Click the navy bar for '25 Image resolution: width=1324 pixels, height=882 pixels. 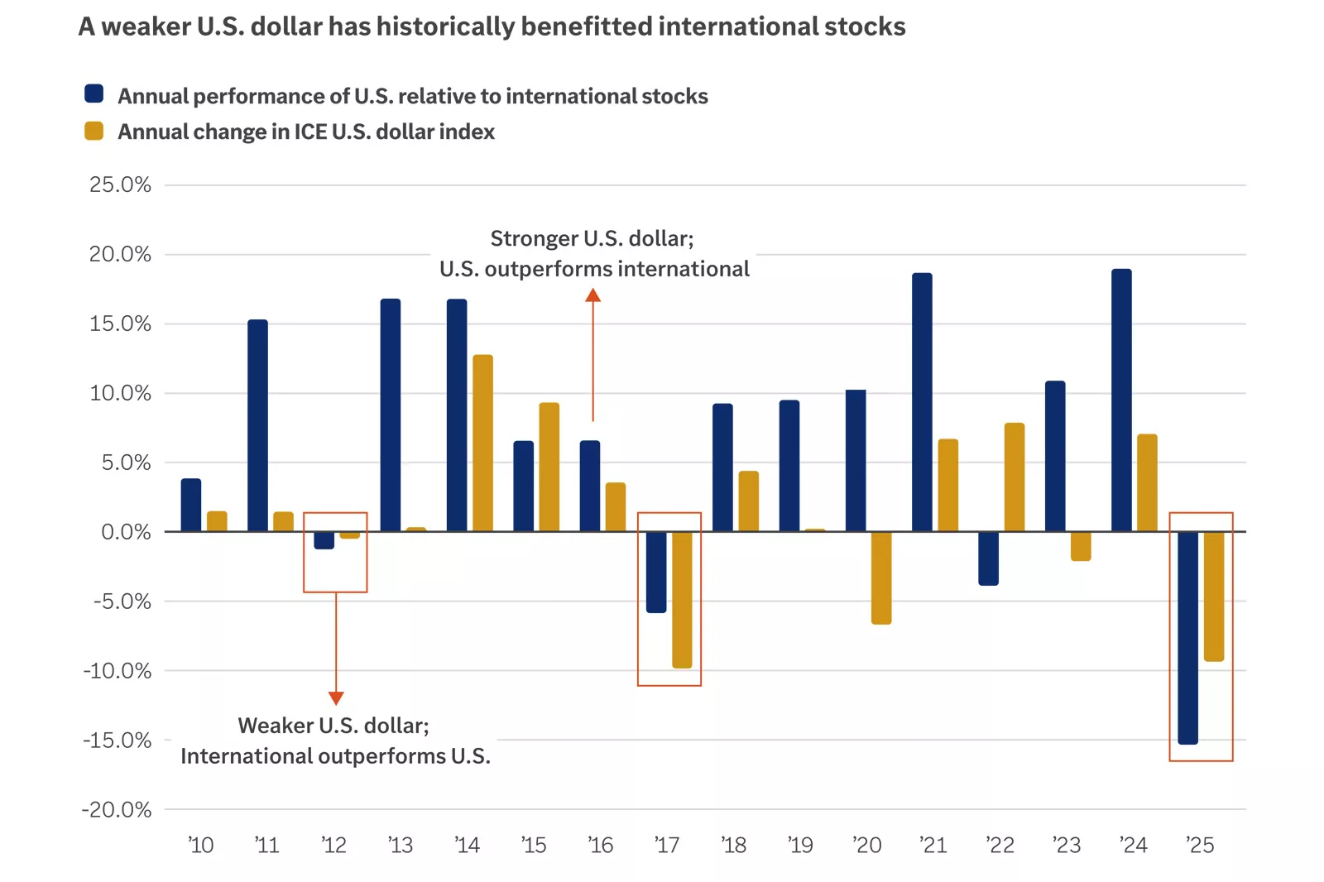point(1187,637)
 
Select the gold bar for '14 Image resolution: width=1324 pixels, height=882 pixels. point(482,443)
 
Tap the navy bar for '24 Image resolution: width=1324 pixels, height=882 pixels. point(1121,400)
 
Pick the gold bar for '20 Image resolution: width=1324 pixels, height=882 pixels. point(881,578)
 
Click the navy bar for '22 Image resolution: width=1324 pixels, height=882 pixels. point(988,558)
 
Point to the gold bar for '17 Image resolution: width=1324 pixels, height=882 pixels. point(682,599)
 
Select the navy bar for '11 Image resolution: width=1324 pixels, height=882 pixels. point(257,425)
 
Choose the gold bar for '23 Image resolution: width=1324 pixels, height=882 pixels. point(1081,546)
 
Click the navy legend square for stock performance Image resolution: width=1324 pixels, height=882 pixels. point(94,93)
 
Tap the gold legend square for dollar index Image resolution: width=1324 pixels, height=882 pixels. point(94,131)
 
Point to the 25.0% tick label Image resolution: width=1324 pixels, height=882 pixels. point(121,185)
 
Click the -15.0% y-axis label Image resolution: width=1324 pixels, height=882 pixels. point(118,740)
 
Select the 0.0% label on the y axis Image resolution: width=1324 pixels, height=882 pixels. point(126,531)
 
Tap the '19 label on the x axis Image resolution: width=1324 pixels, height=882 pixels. point(800,845)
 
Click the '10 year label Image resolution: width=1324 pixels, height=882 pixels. point(201,845)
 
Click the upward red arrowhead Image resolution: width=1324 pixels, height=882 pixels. point(592,295)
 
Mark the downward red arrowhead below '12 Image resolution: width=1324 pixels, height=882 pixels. point(336,697)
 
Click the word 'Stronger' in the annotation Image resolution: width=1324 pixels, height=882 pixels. point(534,238)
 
